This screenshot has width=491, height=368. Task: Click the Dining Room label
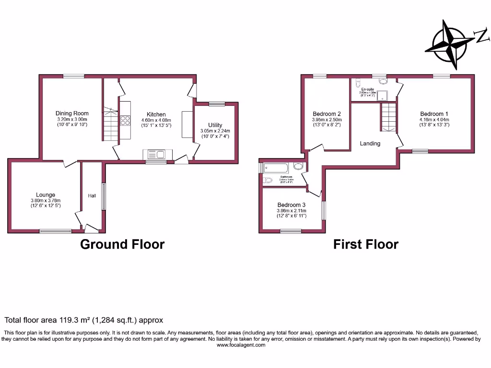tap(72, 114)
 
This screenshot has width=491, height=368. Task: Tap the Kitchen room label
tap(156, 115)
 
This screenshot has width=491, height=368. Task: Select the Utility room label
tap(215, 125)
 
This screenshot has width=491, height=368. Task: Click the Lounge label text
tap(45, 195)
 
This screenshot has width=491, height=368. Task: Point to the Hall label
tap(92, 195)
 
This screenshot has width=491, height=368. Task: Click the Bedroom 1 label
tap(434, 114)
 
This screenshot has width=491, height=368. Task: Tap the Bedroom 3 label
tap(291, 205)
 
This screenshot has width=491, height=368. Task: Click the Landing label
tap(370, 143)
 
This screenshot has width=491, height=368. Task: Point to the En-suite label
tap(368, 89)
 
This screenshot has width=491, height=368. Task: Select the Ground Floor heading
tap(122, 244)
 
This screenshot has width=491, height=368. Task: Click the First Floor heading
tap(366, 244)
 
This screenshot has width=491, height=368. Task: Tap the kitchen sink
tap(154, 154)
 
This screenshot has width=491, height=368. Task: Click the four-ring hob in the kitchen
tap(125, 120)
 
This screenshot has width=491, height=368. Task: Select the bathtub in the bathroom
tap(276, 168)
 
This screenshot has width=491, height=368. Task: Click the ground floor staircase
tap(111, 125)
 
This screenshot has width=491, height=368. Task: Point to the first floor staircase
tap(389, 117)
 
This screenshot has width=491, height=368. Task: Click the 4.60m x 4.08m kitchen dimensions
tap(156, 120)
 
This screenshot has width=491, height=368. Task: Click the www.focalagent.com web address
tap(241, 345)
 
